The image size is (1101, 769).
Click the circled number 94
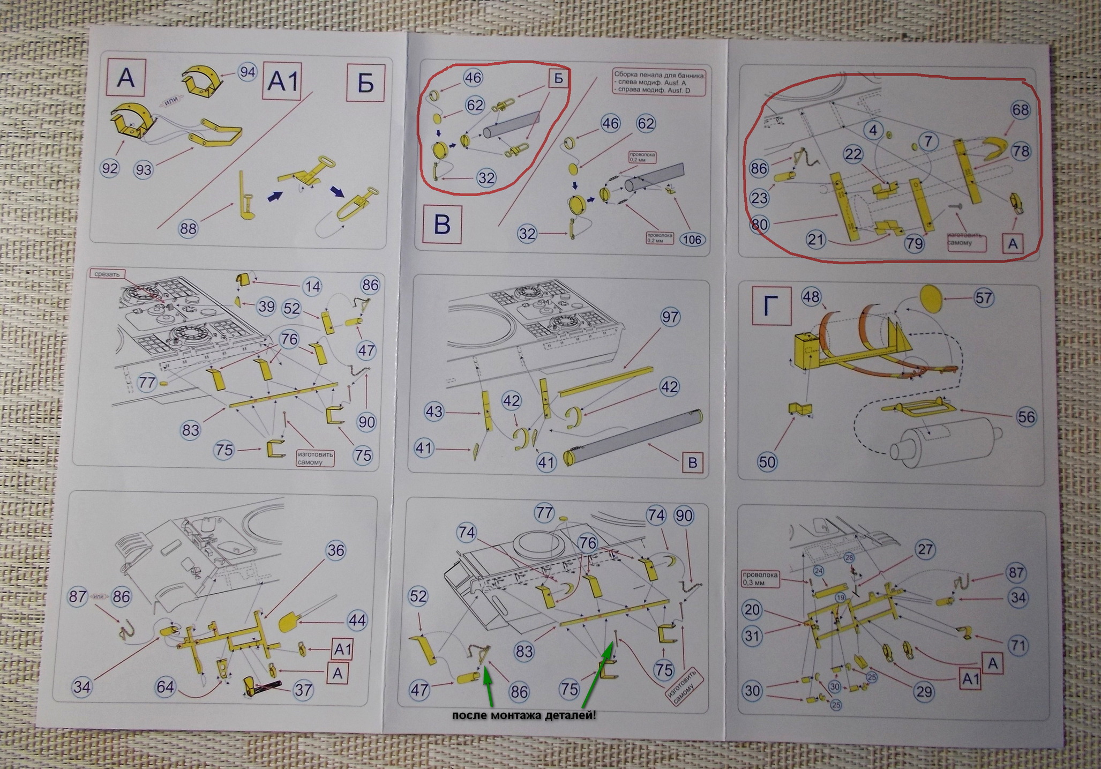246,72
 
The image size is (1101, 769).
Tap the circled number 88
188,228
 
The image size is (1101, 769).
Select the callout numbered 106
692,239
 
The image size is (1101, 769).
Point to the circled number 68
1020,110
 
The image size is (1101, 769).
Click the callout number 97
670,317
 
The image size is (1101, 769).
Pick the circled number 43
434,411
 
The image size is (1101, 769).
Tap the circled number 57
984,297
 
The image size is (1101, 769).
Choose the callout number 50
767,461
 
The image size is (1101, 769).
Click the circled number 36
336,550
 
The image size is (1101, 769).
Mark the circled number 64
166,686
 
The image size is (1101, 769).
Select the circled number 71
1017,644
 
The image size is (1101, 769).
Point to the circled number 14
312,286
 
